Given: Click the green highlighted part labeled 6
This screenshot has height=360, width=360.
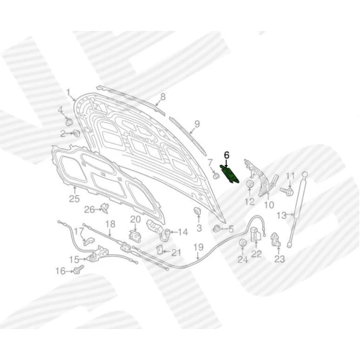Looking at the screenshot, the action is click(229, 174).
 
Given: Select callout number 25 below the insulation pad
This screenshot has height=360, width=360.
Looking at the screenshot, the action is click(74, 199).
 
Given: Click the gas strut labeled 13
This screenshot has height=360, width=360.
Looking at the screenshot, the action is click(297, 210).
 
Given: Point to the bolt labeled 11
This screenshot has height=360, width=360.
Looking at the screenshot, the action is click(287, 191).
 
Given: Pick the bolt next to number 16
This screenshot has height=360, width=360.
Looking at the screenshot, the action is click(79, 269).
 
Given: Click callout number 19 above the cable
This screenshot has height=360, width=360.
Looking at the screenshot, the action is click(198, 247).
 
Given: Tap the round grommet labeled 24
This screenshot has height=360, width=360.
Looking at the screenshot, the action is click(243, 243).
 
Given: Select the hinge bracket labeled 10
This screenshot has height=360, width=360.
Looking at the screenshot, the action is click(261, 178).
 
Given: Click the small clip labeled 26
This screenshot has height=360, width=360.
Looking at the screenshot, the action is click(104, 208).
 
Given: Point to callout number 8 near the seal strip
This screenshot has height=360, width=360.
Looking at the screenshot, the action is click(163, 97).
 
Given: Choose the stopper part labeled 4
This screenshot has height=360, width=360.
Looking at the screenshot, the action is click(69, 122).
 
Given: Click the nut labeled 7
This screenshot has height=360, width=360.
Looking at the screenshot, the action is click(216, 176).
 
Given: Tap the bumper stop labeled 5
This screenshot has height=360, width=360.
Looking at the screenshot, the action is click(216, 229).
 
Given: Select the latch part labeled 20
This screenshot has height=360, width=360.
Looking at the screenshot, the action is click(135, 235).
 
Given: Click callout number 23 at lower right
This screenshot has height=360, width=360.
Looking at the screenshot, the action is click(279, 259).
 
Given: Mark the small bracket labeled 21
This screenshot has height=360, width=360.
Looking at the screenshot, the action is click(160, 250).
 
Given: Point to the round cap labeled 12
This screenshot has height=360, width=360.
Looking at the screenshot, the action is click(250, 184).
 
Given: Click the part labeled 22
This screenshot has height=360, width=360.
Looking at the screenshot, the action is click(256, 234).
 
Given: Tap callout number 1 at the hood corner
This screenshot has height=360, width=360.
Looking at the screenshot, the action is click(68, 93).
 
